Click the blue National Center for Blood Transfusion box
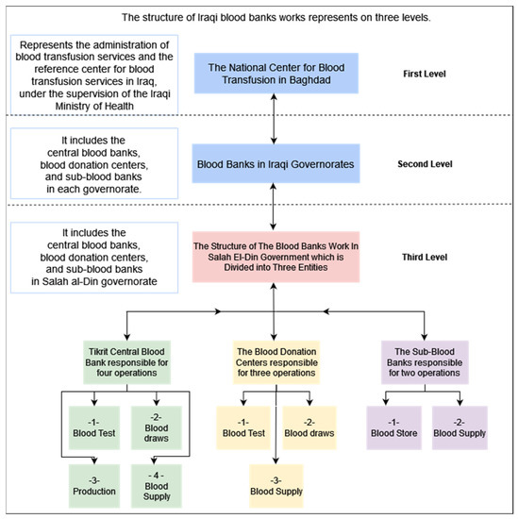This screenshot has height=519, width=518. (x=272, y=74)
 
